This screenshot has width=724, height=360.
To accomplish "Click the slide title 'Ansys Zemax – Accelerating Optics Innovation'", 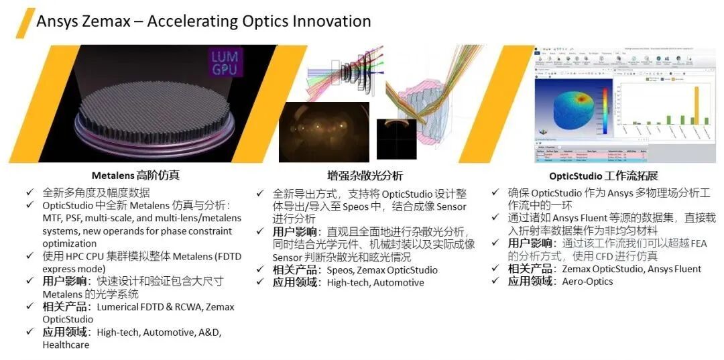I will [203, 21].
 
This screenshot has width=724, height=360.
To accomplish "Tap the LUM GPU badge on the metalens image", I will [224, 62].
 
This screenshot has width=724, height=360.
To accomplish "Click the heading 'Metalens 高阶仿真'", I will [135, 176].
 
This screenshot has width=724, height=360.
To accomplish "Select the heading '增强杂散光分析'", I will [365, 176].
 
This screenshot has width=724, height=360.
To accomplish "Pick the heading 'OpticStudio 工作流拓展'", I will [603, 176].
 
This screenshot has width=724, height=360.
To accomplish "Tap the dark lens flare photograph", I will [324, 132].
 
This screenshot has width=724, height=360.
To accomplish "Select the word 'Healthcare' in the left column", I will [66, 345].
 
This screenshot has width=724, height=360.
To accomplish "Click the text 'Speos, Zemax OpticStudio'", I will [382, 270].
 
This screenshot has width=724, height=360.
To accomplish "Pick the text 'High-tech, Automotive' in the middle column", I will [375, 282].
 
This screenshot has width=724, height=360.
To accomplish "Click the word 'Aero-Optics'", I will [587, 282].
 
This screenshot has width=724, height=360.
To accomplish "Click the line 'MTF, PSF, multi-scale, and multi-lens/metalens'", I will [141, 218].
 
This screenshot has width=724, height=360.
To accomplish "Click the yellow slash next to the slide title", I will [25, 22].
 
